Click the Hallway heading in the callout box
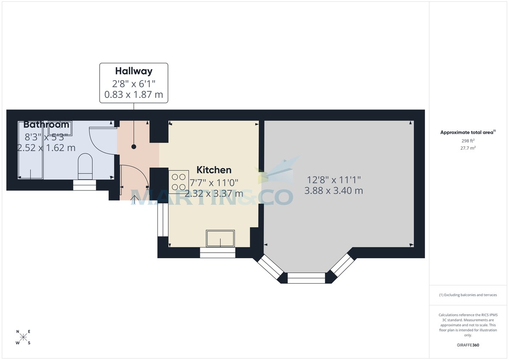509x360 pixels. pyautogui.click(x=134, y=71)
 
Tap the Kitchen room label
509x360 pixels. pyautogui.click(x=214, y=170)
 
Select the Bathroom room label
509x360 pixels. pyautogui.click(x=46, y=125)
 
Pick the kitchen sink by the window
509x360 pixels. pyautogui.click(x=220, y=238)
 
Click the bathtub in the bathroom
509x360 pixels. pyautogui.click(x=30, y=150)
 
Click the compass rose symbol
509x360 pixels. pyautogui.click(x=23, y=338)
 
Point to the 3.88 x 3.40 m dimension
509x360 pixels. pyautogui.click(x=333, y=191)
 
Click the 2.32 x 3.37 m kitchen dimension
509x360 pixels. pyautogui.click(x=214, y=193)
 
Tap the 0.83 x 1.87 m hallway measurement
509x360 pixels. pyautogui.click(x=134, y=95)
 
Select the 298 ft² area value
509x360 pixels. pyautogui.click(x=468, y=140)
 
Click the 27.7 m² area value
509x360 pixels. pyautogui.click(x=468, y=148)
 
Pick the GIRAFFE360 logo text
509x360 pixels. pyautogui.click(x=468, y=345)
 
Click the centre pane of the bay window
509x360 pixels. pyautogui.click(x=306, y=278)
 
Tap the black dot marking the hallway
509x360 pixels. pyautogui.click(x=134, y=147)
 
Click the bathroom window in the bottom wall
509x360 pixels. pyautogui.click(x=85, y=185)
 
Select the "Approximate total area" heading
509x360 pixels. pyautogui.click(x=467, y=132)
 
